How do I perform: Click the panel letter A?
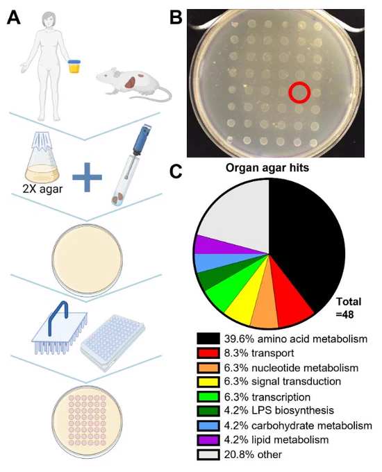pos(14,17)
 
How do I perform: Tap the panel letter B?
pos(176,17)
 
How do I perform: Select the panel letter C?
pos(176,171)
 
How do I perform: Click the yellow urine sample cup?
pos(74,67)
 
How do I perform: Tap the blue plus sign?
pos(87,177)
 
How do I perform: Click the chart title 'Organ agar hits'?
pos(267,168)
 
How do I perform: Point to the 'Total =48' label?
pos(349,308)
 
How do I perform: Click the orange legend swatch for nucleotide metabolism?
pos(208,368)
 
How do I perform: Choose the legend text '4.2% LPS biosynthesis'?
pos(279,411)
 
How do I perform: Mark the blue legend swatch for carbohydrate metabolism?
pos(208,425)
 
